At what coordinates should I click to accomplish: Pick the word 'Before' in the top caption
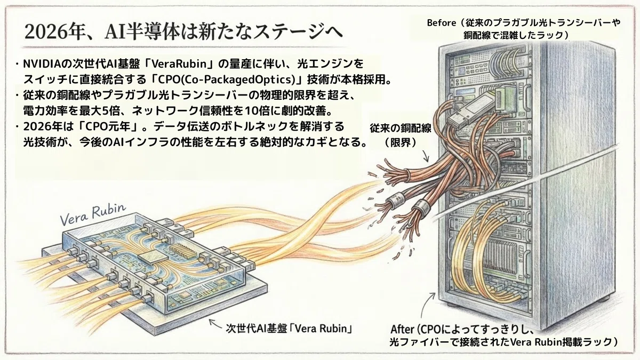(441, 23)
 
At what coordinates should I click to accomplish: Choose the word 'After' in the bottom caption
(402, 330)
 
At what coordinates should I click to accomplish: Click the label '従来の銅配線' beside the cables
(401, 129)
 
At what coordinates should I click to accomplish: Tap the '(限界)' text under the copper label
(401, 142)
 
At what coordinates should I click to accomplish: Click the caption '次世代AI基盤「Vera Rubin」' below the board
(289, 329)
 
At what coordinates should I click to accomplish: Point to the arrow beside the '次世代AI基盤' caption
(215, 323)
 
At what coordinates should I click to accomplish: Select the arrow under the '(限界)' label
(426, 155)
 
